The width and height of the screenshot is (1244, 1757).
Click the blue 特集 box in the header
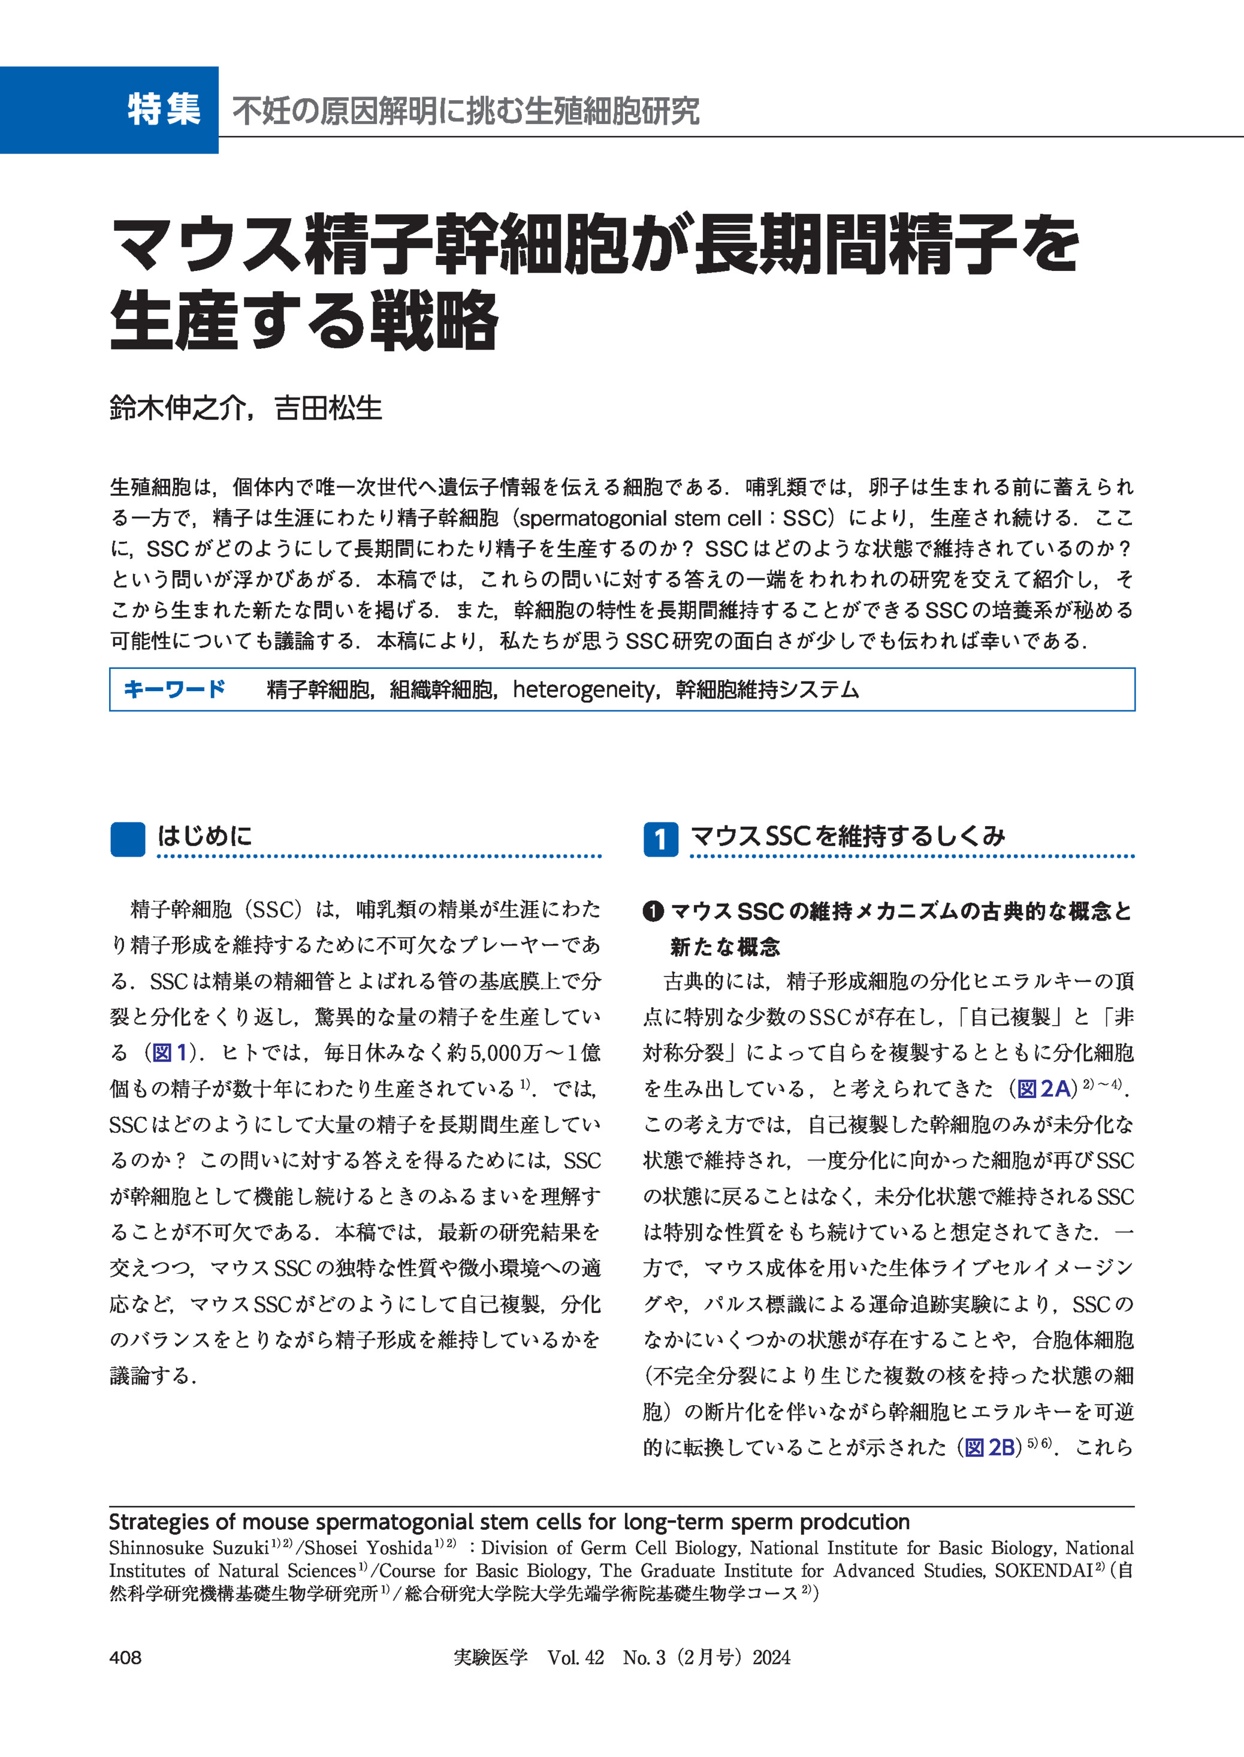(x=110, y=110)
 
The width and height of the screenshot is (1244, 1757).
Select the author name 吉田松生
(x=328, y=408)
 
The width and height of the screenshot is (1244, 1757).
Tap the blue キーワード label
(x=174, y=689)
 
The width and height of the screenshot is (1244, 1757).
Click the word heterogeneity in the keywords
(x=584, y=689)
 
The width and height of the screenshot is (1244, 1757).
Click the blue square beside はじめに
(x=127, y=839)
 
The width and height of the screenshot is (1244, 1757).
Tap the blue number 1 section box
(x=660, y=839)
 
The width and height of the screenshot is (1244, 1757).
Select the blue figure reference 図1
(x=170, y=1053)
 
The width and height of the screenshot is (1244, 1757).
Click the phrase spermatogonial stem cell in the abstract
(x=639, y=518)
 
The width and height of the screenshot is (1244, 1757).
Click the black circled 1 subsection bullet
(x=653, y=911)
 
